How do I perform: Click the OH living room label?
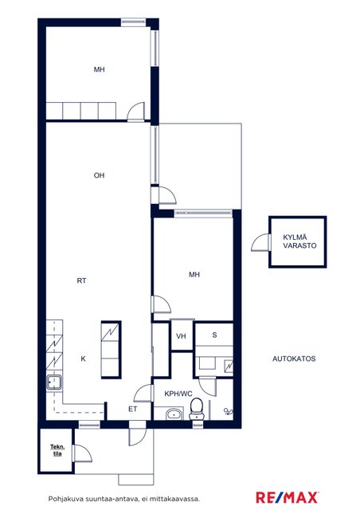(x=100, y=175)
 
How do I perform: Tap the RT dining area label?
(x=81, y=280)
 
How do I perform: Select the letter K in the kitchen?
(x=84, y=359)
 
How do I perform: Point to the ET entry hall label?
(x=133, y=409)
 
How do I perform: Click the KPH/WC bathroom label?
(x=178, y=394)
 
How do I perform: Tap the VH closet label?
(x=181, y=336)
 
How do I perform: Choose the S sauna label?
(x=214, y=335)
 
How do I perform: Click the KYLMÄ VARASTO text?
(x=299, y=241)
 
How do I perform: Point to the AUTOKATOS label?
(x=294, y=359)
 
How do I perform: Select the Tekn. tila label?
(x=57, y=450)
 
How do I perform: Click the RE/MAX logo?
(x=287, y=497)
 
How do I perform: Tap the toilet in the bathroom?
(x=197, y=409)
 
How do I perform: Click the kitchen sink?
(x=53, y=382)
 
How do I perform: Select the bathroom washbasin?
(x=174, y=414)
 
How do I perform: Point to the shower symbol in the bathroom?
(x=229, y=412)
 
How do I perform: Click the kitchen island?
(x=112, y=350)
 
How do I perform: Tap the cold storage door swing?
(x=260, y=242)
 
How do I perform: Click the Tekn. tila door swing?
(x=83, y=453)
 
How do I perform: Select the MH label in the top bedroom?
(x=100, y=69)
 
